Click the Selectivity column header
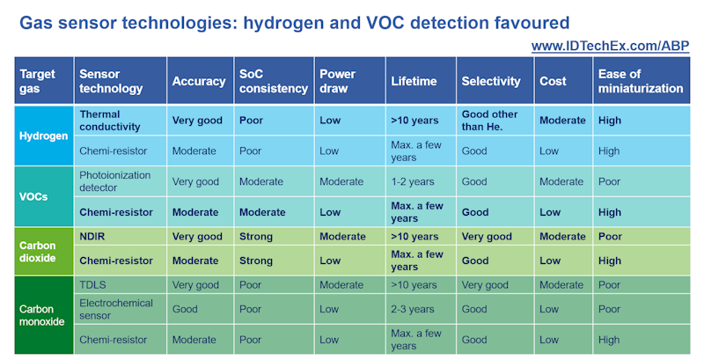point(491,81)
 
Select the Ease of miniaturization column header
point(640,81)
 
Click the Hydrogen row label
point(44,136)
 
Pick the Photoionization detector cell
point(114,181)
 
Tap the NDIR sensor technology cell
point(92,237)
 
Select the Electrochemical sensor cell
point(116,310)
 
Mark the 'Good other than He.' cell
point(489,121)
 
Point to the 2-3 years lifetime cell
point(414,310)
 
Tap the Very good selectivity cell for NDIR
point(487,237)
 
